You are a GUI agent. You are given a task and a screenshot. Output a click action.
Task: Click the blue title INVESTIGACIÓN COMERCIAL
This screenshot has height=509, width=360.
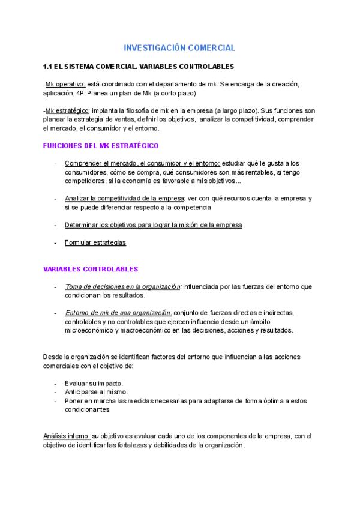(179, 48)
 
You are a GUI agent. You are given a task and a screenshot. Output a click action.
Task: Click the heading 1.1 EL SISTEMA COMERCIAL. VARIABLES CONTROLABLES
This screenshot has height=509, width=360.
(139, 66)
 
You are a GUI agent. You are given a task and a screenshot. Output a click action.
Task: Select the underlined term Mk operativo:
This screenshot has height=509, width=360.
(65, 84)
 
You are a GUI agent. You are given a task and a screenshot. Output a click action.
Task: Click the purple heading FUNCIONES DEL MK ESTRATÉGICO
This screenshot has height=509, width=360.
(101, 146)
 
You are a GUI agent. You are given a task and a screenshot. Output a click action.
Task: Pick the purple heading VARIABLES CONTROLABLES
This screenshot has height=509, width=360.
(91, 269)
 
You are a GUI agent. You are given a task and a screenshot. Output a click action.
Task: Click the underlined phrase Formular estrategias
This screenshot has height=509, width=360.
(95, 243)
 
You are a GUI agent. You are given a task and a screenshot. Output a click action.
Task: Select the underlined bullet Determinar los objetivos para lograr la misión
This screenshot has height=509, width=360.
(154, 225)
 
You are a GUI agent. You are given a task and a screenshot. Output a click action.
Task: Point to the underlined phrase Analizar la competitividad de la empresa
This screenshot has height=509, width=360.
(124, 199)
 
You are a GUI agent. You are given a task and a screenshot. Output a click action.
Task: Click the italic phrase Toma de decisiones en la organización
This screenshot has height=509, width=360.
(123, 287)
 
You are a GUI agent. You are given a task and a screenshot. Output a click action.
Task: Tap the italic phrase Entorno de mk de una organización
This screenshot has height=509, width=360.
(119, 313)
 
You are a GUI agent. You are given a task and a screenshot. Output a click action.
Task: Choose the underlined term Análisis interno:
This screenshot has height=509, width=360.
(66, 436)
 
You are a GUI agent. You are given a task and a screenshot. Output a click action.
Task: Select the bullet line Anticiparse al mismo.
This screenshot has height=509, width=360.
(96, 393)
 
